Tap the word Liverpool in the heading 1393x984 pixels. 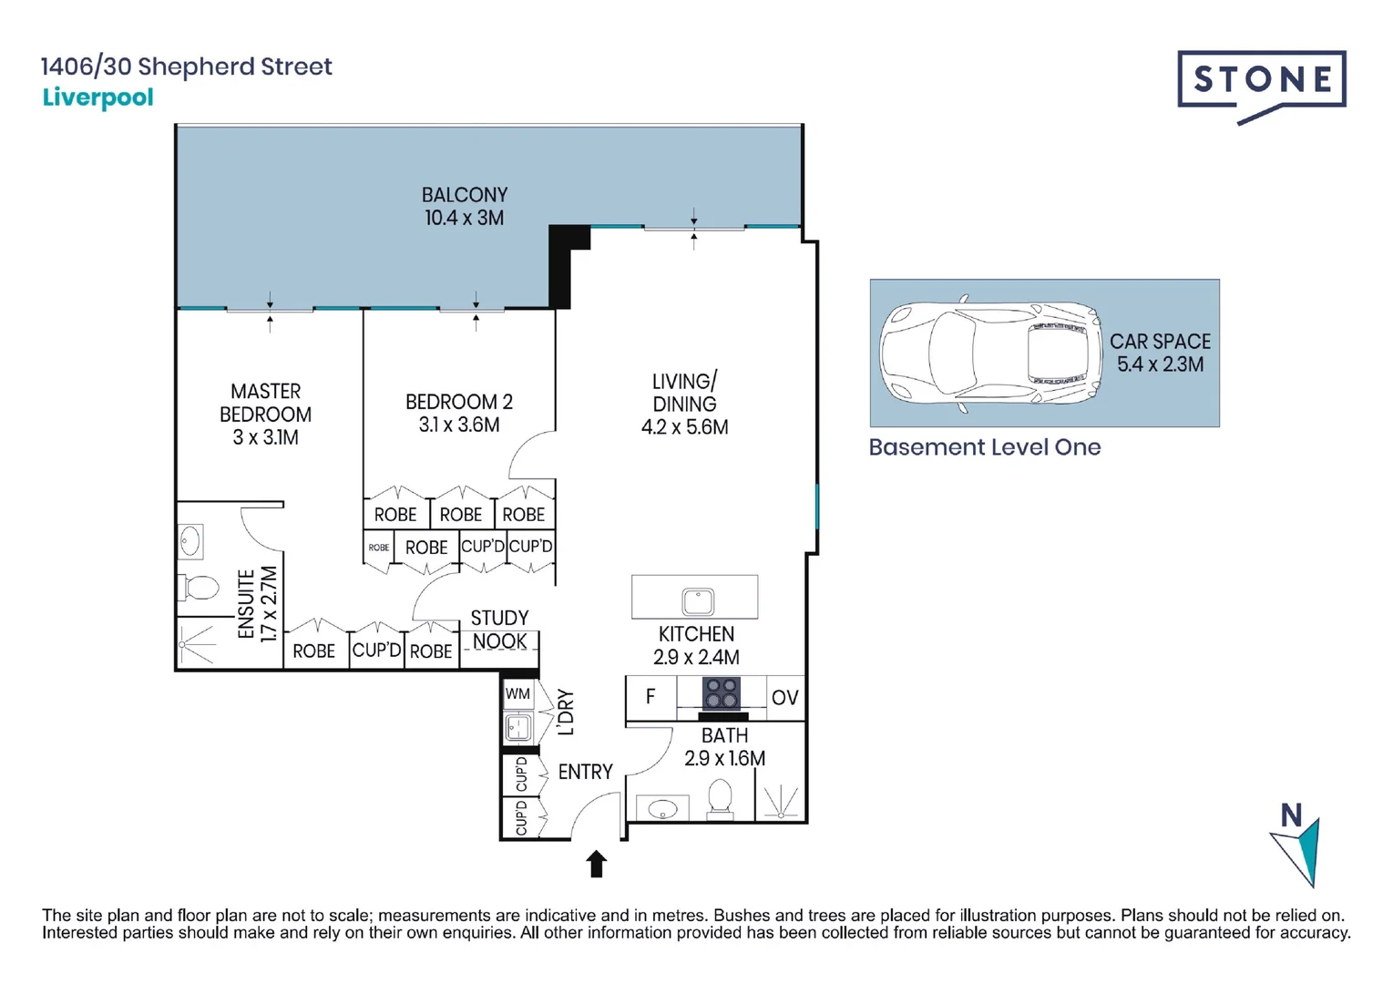tap(97, 97)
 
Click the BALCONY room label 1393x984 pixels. tap(465, 195)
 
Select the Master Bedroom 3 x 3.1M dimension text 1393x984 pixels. tap(265, 437)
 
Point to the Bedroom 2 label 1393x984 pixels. tap(459, 402)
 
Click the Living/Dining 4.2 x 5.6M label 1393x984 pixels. tap(685, 404)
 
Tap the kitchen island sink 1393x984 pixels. tap(698, 600)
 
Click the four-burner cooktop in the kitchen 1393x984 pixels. tap(722, 693)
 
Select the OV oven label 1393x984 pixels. tap(784, 697)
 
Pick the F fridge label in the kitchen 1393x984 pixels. tap(650, 696)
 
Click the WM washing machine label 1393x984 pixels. tap(518, 693)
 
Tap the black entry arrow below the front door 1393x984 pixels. tap(597, 864)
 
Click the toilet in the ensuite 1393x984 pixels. tap(199, 587)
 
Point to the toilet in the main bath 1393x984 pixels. tap(720, 797)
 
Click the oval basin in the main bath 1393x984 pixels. tap(662, 809)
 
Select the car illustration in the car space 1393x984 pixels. tap(991, 353)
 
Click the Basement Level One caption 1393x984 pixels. tap(985, 447)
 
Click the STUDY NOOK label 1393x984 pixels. tap(500, 630)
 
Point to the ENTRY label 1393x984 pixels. tap(585, 772)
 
